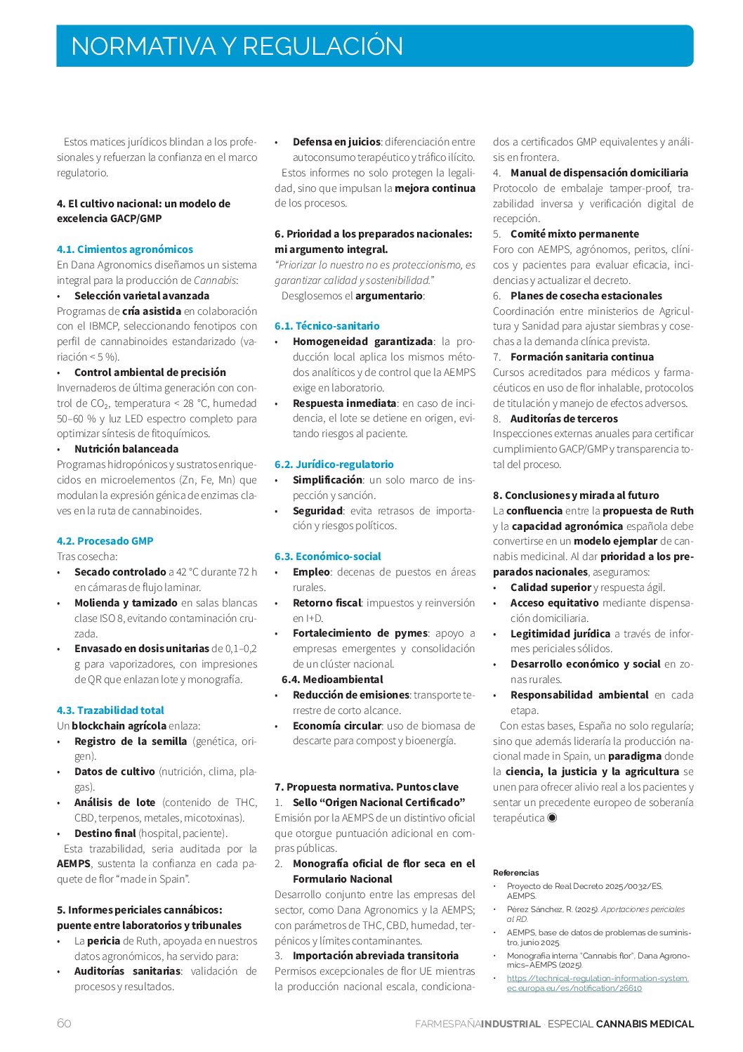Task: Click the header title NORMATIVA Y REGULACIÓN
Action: pyautogui.click(x=237, y=46)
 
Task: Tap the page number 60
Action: pyautogui.click(x=64, y=1023)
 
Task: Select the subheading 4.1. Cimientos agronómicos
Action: pyautogui.click(x=125, y=249)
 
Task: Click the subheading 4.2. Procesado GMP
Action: pyautogui.click(x=105, y=541)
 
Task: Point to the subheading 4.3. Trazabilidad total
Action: pyautogui.click(x=110, y=710)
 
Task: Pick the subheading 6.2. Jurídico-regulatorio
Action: pyautogui.click(x=334, y=465)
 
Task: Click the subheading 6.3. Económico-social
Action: pyautogui.click(x=328, y=557)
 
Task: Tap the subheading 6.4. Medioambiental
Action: pyautogui.click(x=332, y=680)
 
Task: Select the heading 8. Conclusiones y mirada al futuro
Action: pyautogui.click(x=576, y=495)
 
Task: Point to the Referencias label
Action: pyautogui.click(x=516, y=873)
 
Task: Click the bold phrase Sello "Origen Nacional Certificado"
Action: pyautogui.click(x=379, y=803)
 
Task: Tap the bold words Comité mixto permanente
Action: pyautogui.click(x=574, y=234)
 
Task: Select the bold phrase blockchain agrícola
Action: pyautogui.click(x=119, y=726)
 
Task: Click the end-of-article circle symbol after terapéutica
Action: pyautogui.click(x=552, y=818)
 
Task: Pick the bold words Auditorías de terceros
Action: pyautogui.click(x=564, y=419)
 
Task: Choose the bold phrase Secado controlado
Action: pyautogui.click(x=120, y=572)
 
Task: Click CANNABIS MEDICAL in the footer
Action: pyautogui.click(x=645, y=1024)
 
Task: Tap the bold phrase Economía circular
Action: pyautogui.click(x=337, y=726)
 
